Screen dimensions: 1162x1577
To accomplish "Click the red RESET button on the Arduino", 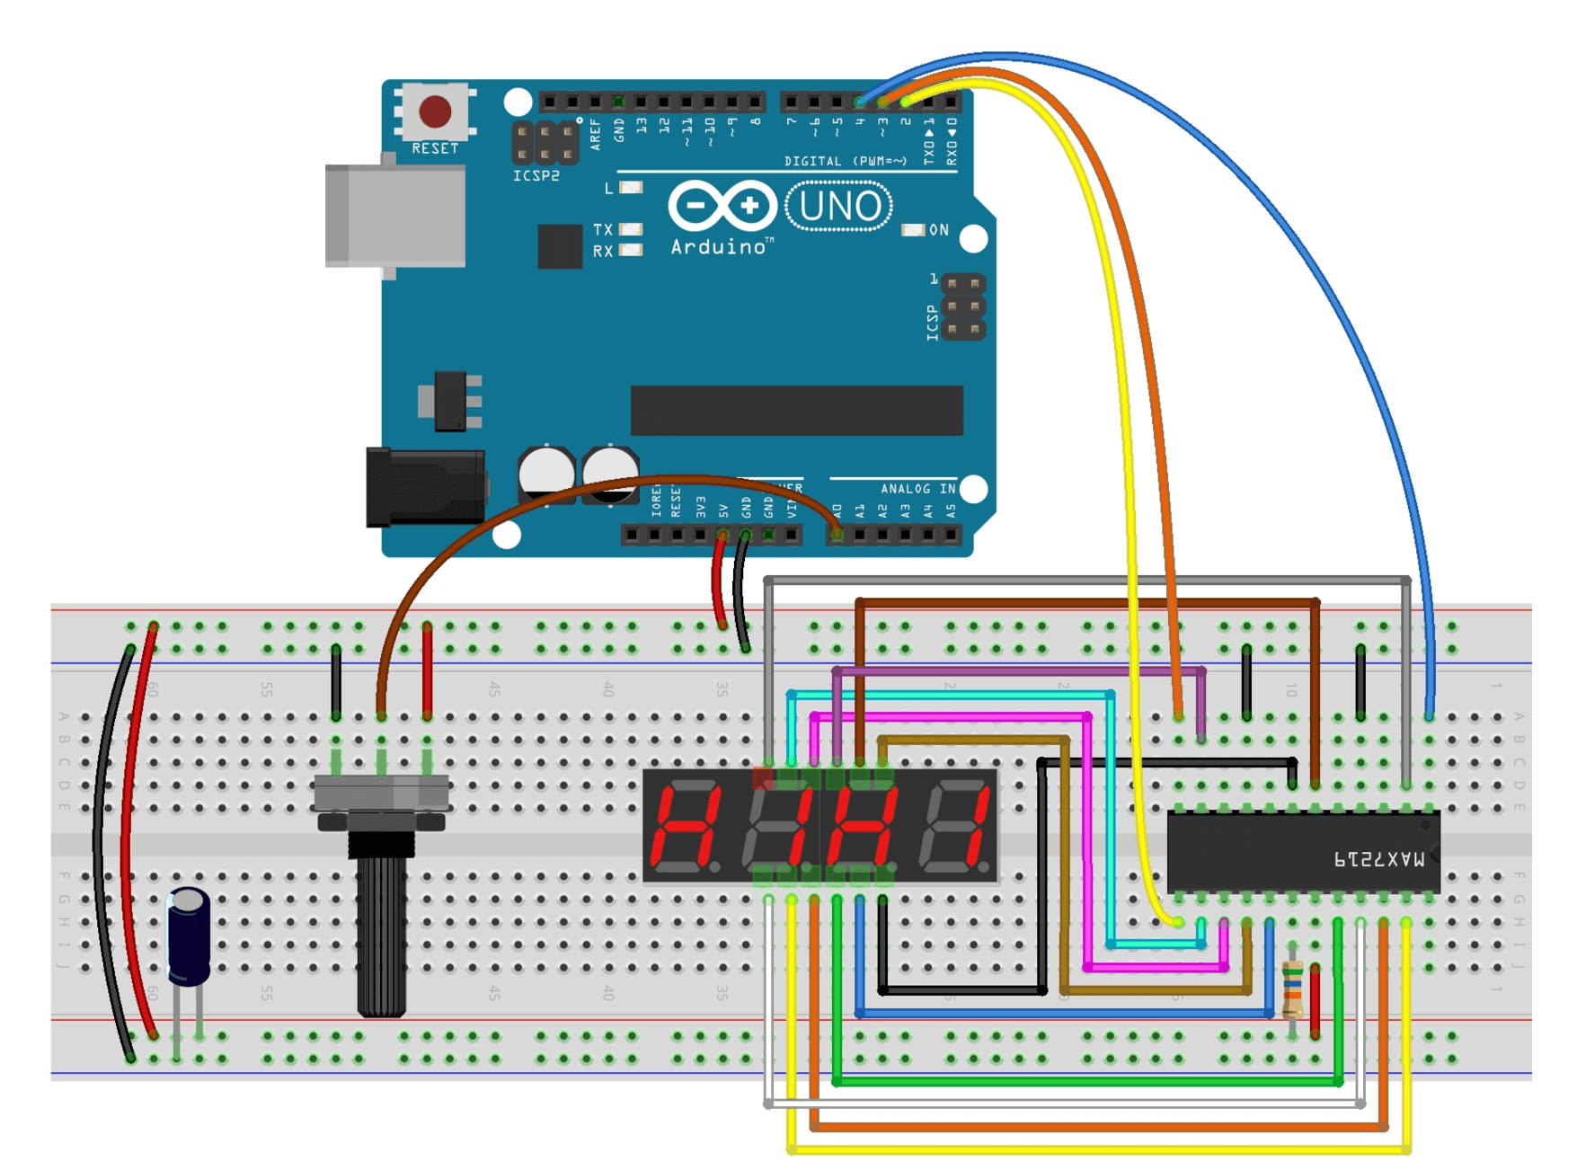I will (x=435, y=112).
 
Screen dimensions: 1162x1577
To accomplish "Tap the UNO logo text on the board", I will (x=839, y=207).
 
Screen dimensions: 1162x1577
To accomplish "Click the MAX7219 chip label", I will (x=1378, y=860).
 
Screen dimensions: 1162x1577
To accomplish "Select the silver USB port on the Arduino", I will (x=396, y=216).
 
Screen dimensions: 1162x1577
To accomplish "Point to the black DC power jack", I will (x=424, y=488).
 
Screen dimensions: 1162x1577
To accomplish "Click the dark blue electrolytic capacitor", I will (x=189, y=936).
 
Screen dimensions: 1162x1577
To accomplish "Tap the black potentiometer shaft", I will (x=381, y=935).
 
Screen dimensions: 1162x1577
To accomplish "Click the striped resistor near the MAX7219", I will (x=1292, y=989).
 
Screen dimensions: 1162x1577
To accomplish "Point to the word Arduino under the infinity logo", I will (x=719, y=247).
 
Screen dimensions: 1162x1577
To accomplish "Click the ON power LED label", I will (x=939, y=230).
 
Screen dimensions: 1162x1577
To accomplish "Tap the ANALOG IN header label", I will (x=917, y=489).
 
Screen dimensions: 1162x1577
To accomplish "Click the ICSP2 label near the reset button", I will (x=536, y=176).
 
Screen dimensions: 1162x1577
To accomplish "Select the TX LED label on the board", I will (x=603, y=230).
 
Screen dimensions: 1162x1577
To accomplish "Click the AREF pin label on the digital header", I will (x=595, y=135).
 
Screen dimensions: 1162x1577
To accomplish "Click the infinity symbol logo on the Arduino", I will (x=722, y=206).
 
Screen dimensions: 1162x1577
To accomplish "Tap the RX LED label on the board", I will (x=603, y=252).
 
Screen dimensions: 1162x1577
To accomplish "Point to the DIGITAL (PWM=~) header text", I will (x=846, y=162).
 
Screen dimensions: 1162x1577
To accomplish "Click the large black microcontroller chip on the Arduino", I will (x=796, y=411).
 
